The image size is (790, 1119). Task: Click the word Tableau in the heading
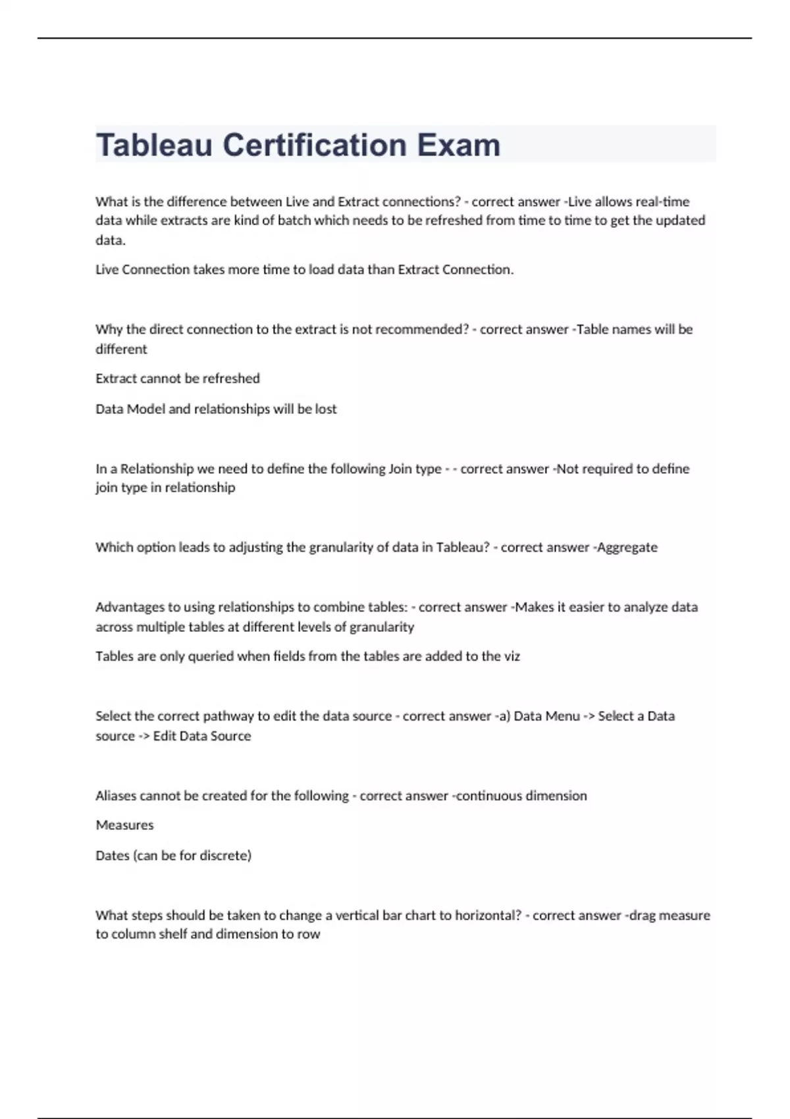click(x=154, y=145)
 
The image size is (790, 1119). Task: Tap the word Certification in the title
click(x=314, y=145)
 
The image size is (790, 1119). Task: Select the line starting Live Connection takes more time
click(x=304, y=269)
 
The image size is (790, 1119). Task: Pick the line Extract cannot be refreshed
click(x=178, y=378)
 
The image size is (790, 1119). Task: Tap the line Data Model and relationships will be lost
click(x=216, y=409)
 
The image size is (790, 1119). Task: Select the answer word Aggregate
click(x=627, y=547)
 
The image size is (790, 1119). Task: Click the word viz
click(x=512, y=656)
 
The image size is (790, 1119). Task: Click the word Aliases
click(x=116, y=796)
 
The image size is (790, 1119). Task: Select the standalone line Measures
click(x=124, y=825)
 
